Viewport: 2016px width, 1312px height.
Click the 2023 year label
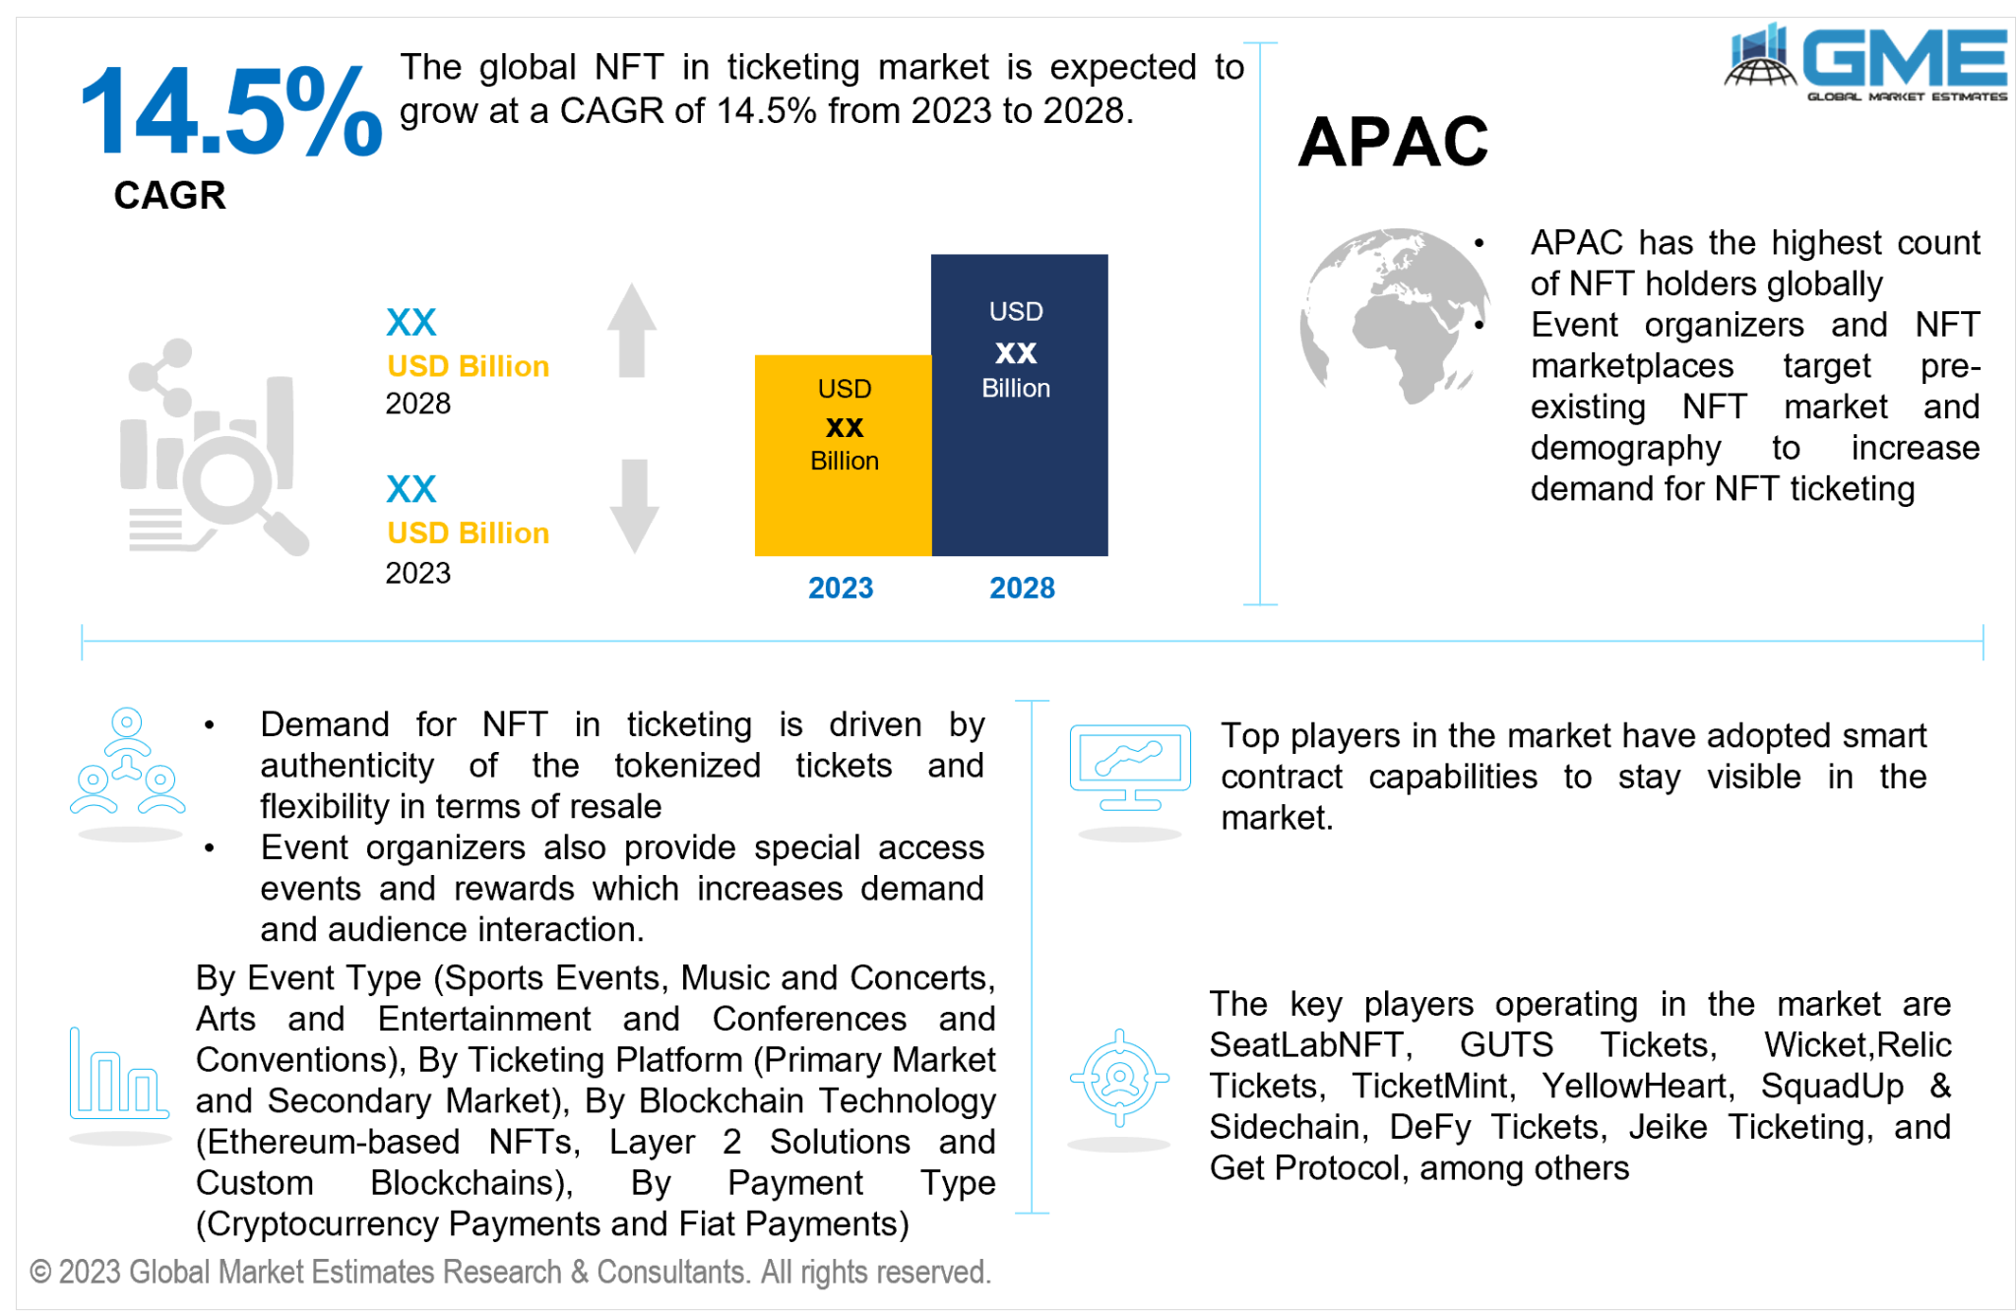point(841,588)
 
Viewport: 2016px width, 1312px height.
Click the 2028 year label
point(1022,588)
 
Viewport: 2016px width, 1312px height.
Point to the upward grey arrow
point(631,330)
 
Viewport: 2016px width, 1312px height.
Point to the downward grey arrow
point(634,506)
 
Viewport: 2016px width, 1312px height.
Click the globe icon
point(1394,315)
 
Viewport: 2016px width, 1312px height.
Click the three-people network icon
point(127,763)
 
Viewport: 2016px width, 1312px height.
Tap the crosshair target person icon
point(1119,1078)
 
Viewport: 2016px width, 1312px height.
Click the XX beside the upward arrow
point(410,322)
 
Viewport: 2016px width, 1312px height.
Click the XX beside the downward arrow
point(410,489)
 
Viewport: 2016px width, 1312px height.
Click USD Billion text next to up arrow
point(468,366)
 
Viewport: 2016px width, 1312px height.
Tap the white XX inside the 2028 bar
point(1016,352)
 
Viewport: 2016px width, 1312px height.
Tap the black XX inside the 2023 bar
point(844,427)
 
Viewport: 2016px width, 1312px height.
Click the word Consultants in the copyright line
point(670,1272)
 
